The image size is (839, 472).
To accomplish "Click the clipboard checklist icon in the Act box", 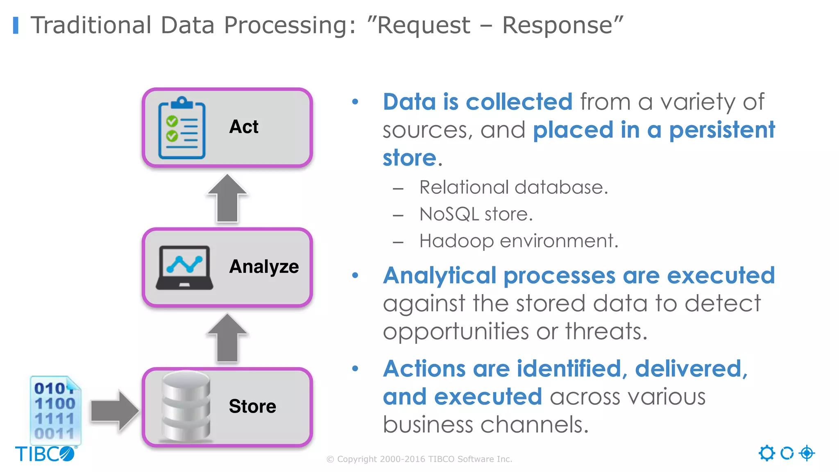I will (182, 128).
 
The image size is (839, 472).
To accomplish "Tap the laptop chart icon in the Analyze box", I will (184, 268).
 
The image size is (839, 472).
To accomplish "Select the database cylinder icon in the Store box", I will (186, 406).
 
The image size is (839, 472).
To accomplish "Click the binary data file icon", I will (55, 410).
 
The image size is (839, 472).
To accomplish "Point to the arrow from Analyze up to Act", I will (227, 198).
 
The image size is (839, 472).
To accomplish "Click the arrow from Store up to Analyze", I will (227, 338).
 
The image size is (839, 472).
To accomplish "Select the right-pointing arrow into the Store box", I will (114, 411).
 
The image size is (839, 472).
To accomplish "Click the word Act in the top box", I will (244, 127).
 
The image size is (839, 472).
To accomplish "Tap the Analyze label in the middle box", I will (264, 267).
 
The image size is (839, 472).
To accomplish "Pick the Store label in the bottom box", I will (252, 406).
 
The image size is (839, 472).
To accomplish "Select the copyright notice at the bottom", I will (419, 459).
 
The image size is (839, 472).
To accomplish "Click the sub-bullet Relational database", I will (513, 188).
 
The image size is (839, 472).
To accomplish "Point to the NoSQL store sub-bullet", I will (476, 214).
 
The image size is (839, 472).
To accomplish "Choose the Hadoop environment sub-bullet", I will (519, 241).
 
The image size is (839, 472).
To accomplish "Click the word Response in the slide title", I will (557, 25).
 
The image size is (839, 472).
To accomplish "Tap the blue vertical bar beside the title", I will (16, 25).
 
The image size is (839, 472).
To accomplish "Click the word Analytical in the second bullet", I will (439, 275).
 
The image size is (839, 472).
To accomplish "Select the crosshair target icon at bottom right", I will (807, 453).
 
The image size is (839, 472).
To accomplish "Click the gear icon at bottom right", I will (766, 453).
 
